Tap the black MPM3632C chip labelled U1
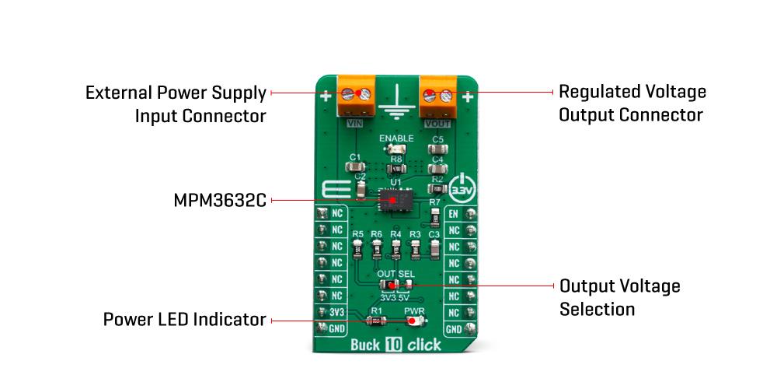[x=395, y=202]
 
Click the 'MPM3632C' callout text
[x=220, y=201]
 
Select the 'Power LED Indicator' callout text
[x=185, y=319]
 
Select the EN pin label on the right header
[x=455, y=214]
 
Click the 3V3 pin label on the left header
[x=336, y=312]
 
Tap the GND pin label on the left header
[x=336, y=328]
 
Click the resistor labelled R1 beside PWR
[x=377, y=320]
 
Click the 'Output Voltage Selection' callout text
[x=620, y=297]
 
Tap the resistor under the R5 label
[x=357, y=249]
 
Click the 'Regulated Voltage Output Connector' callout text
[x=632, y=103]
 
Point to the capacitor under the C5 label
[x=437, y=150]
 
